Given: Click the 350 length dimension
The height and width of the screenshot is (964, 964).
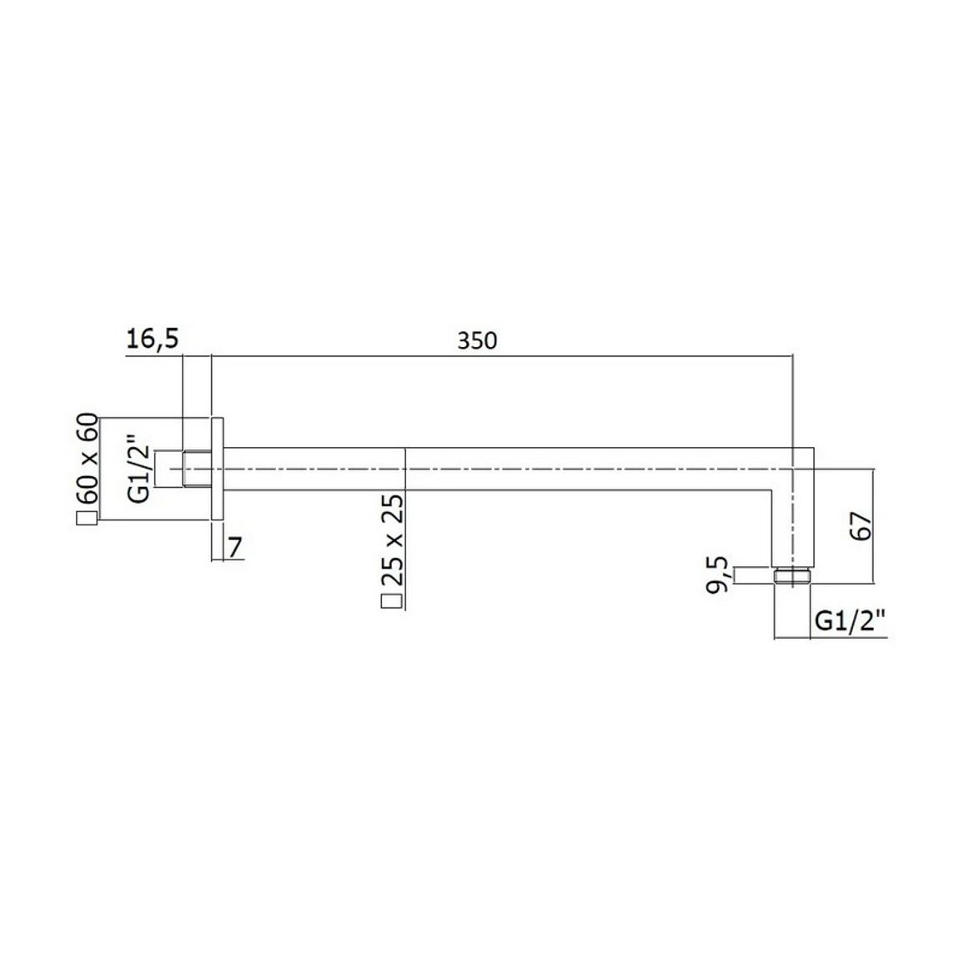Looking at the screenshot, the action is [x=476, y=340].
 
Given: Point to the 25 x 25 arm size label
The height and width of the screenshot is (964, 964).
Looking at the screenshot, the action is [x=392, y=539].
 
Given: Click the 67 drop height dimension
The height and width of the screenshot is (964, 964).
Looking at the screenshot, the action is [x=861, y=525].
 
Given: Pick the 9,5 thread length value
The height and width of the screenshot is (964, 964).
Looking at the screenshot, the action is [x=717, y=575].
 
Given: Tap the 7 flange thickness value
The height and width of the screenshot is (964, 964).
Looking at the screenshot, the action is [x=235, y=546].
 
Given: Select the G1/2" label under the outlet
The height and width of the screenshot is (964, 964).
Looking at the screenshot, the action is [x=851, y=621].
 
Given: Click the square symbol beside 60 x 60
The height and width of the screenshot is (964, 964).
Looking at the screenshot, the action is [x=87, y=518].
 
